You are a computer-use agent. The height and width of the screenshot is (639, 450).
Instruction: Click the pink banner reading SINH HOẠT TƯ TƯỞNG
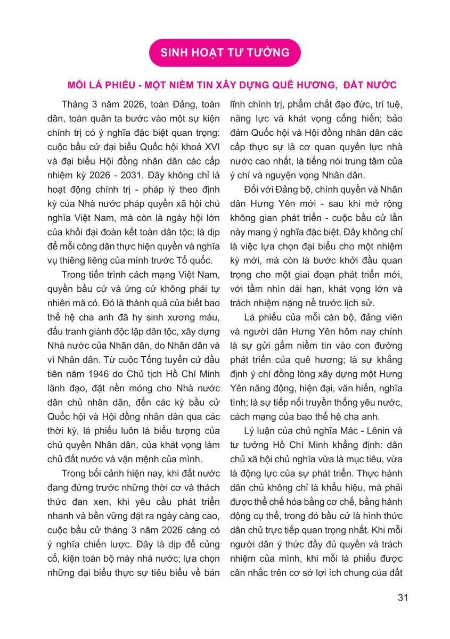point(225,52)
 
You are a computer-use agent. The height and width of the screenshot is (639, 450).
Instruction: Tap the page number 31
point(403,597)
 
